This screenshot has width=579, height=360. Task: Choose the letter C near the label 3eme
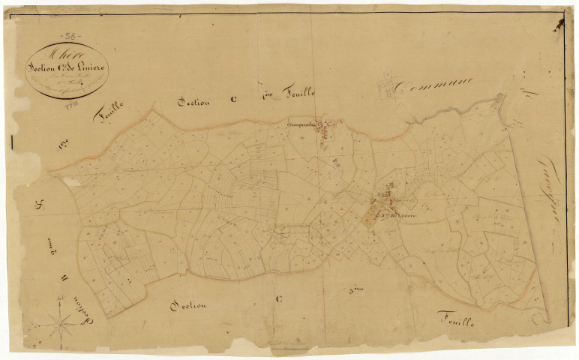point(278,298)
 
